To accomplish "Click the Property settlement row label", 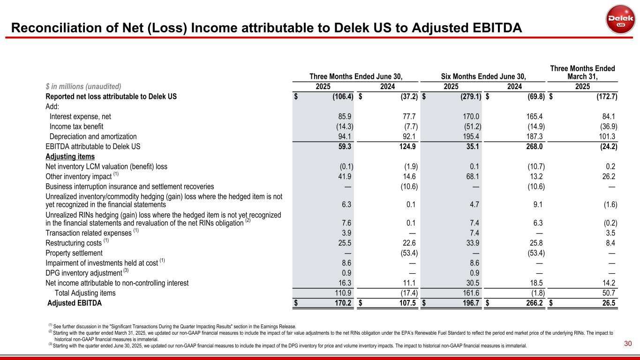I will click(74, 253).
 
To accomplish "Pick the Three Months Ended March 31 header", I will click(582, 73).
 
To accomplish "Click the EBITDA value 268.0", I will click(535, 146).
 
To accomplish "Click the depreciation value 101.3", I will click(605, 136).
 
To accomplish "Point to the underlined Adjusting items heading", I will click(70, 157).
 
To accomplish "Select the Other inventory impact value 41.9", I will click(345, 176).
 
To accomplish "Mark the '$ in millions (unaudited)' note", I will click(83, 86).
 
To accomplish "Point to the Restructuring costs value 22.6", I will click(408, 243).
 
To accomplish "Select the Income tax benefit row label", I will click(76, 127).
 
